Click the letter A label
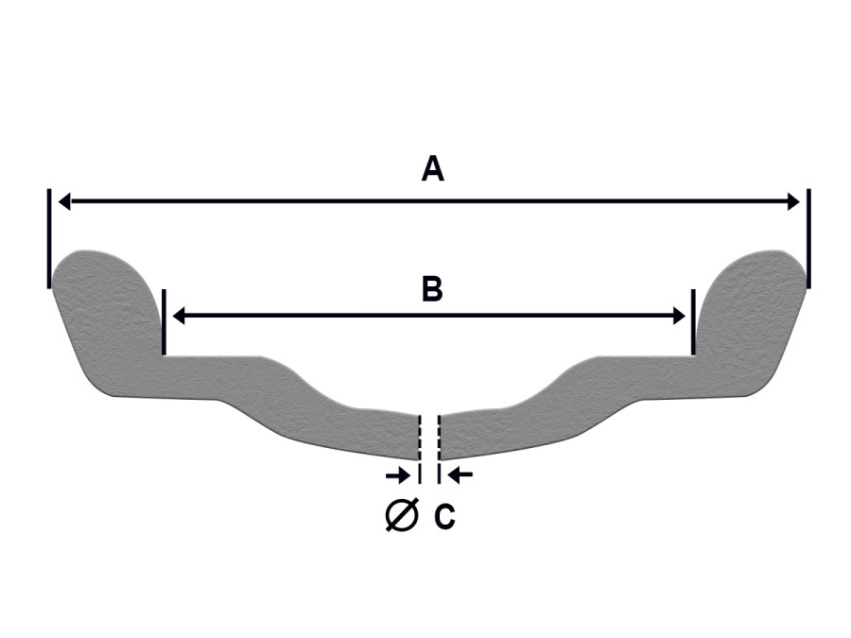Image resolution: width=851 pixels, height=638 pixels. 432,169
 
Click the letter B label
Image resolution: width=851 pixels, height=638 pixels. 432,289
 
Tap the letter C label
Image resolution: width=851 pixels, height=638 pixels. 444,516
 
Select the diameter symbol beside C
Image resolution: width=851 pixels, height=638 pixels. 402,514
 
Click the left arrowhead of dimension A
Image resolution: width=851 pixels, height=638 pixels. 64,201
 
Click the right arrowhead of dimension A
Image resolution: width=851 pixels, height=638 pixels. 793,201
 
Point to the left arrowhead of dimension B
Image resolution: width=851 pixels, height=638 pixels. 179,315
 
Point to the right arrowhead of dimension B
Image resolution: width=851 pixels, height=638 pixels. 679,315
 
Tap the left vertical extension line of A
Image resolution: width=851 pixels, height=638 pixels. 49,239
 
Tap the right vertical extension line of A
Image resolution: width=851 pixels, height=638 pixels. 808,239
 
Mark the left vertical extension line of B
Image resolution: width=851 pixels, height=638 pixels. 164,322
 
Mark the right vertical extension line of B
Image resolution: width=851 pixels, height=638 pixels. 693,322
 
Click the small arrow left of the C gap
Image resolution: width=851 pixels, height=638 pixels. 398,475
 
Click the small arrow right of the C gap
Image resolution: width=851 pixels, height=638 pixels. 460,475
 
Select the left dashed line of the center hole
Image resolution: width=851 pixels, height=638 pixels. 419,449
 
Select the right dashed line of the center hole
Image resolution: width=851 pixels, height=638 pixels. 439,449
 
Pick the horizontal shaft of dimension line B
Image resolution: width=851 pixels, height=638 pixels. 428,315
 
